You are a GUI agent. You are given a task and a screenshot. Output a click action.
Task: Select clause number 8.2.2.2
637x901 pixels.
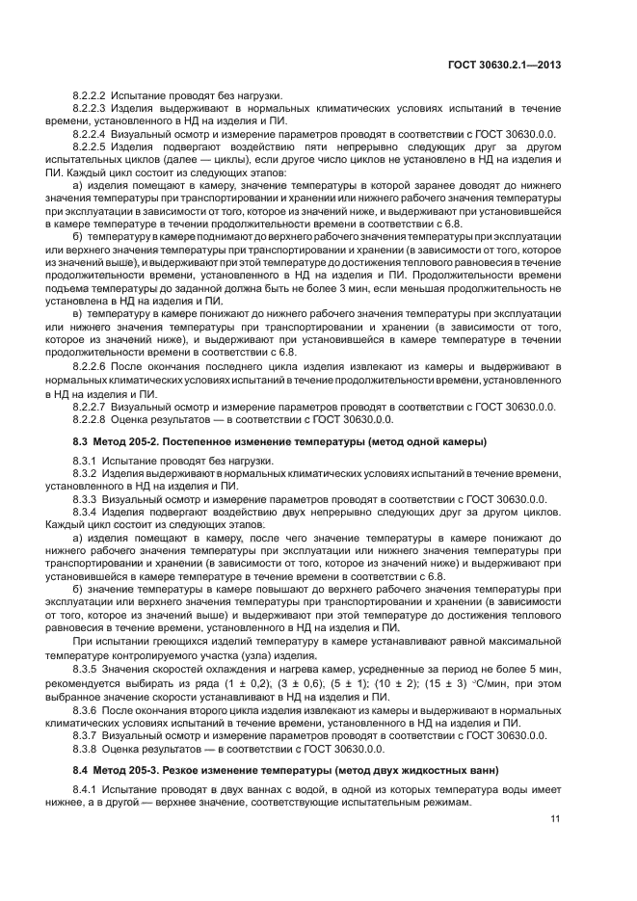pyautogui.click(x=92, y=96)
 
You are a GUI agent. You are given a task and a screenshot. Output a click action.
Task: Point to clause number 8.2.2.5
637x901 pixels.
pyautogui.click(x=92, y=146)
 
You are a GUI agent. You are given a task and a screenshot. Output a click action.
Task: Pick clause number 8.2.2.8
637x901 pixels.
pyautogui.click(x=92, y=419)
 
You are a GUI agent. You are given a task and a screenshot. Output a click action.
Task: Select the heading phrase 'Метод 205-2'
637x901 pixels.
pyautogui.click(x=129, y=441)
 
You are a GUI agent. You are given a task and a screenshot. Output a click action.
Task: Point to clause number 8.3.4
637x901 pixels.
pyautogui.click(x=87, y=513)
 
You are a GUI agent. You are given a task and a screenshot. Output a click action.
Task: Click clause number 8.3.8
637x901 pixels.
pyautogui.click(x=87, y=749)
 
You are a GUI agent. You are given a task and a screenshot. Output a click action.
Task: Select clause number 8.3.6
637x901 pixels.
pyautogui.click(x=87, y=710)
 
